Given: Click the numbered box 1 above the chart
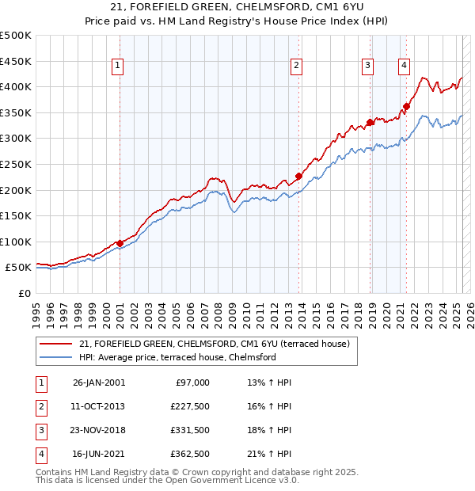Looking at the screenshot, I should (x=117, y=67).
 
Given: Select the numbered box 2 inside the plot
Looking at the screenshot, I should (x=296, y=67).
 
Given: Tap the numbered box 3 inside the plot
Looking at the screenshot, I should (x=368, y=67).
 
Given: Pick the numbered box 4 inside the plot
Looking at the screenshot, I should (x=404, y=67).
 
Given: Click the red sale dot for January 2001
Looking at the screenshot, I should (x=120, y=243).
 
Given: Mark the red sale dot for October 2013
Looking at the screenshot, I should (x=298, y=176).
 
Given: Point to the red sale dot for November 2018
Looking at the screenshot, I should (x=370, y=122).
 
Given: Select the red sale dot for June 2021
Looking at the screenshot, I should (x=406, y=106).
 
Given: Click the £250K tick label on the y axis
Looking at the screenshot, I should (x=15, y=164).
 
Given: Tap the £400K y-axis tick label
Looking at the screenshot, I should (x=15, y=86).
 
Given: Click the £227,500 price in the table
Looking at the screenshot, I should (x=191, y=406).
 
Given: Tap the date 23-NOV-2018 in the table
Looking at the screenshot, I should (x=99, y=431).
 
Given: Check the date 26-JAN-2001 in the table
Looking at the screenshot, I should (x=99, y=383).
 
